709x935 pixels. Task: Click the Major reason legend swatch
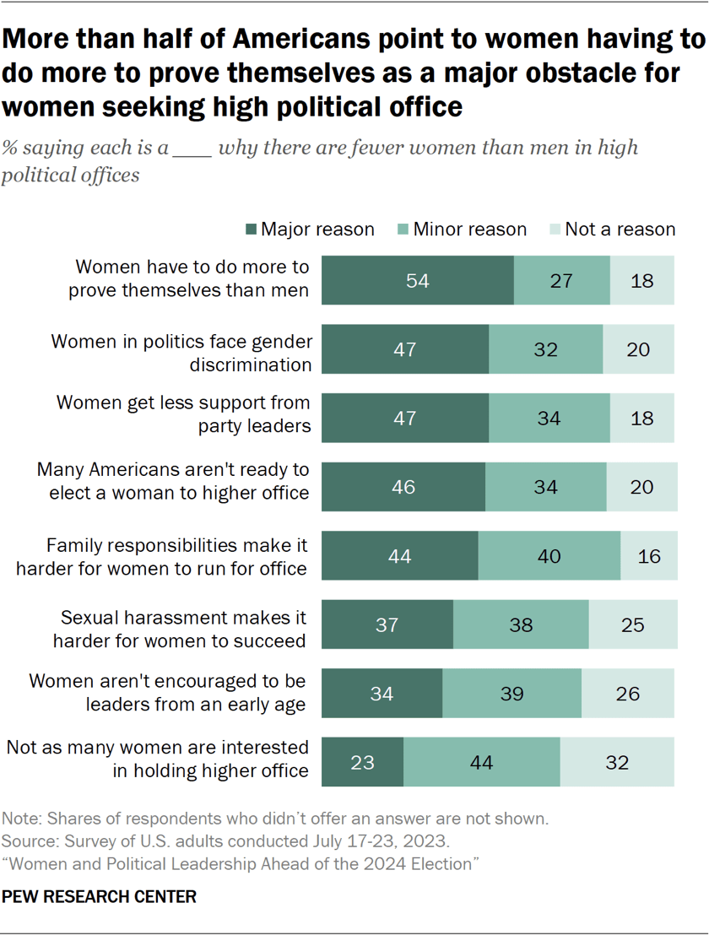click(251, 230)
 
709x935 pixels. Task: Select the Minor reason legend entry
click(463, 230)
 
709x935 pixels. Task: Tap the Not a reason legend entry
click(612, 230)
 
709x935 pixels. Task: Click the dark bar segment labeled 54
click(418, 280)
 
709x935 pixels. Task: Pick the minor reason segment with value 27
click(561, 280)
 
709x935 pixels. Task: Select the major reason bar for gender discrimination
click(405, 349)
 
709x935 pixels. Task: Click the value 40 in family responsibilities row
click(549, 556)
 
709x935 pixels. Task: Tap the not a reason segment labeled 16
click(649, 556)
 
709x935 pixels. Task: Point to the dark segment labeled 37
click(387, 625)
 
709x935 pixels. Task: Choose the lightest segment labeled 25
click(632, 625)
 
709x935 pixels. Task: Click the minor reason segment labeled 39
click(511, 694)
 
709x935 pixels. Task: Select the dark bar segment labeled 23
click(363, 763)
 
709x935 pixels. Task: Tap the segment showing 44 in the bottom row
click(481, 763)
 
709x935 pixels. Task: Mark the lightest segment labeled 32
click(617, 763)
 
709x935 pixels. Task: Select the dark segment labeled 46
click(403, 487)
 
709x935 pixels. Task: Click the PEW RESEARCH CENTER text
click(100, 897)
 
